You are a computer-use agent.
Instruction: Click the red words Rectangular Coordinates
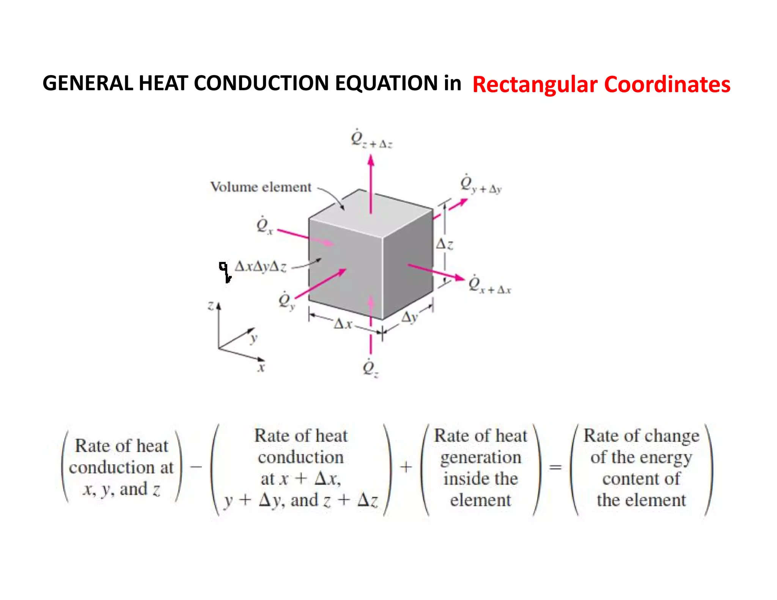pos(601,84)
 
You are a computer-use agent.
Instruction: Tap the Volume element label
pos(261,187)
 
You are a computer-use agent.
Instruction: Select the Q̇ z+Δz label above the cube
pos(371,139)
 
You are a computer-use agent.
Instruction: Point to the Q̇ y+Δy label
pos(480,185)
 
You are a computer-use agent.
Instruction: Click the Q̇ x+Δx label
pos(489,285)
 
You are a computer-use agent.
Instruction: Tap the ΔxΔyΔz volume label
pos(260,267)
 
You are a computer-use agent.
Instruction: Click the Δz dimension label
pos(444,244)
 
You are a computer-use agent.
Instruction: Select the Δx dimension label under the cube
pos(343,324)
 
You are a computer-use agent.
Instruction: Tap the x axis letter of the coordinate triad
pos(261,368)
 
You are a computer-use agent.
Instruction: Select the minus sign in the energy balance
pos(196,466)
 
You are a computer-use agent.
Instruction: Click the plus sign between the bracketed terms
pos(406,467)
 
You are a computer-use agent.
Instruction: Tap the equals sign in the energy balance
pos(555,467)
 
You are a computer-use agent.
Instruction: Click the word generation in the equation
pos(481,457)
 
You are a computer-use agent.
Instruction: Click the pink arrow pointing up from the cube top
pos(371,182)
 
